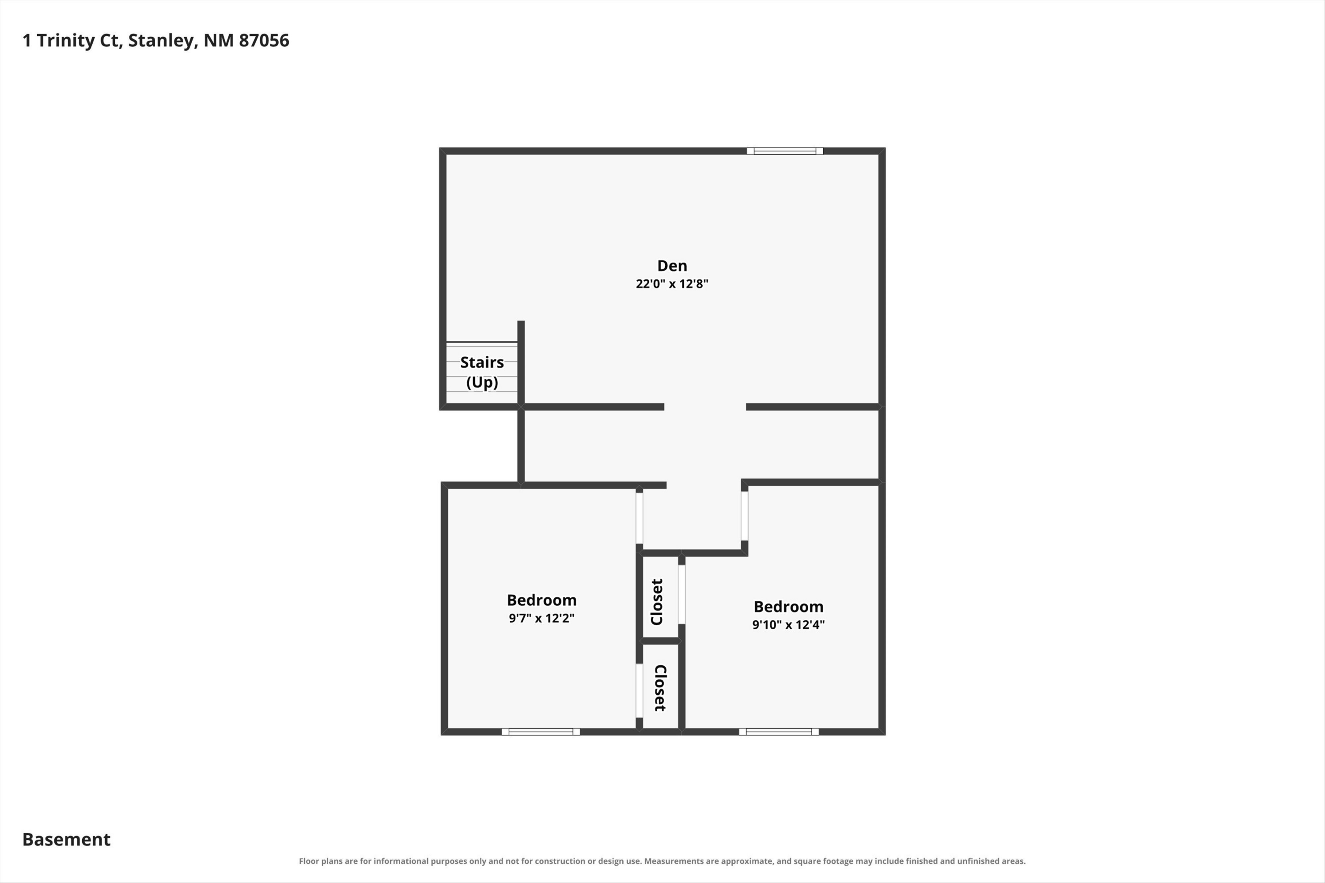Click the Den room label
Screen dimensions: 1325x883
pyautogui.click(x=672, y=266)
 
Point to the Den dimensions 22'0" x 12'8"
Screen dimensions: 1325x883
pyautogui.click(x=672, y=284)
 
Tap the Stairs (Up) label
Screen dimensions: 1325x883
pyautogui.click(x=482, y=372)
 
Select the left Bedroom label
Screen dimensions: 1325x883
pyautogui.click(x=541, y=600)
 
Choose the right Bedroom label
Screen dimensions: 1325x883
pyautogui.click(x=789, y=607)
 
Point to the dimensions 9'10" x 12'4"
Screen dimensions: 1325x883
pyautogui.click(x=789, y=625)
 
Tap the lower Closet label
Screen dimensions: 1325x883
pyautogui.click(x=660, y=688)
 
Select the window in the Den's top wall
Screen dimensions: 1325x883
pyautogui.click(x=785, y=151)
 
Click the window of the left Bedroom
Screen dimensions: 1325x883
pyautogui.click(x=541, y=732)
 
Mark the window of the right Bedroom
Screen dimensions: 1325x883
pyautogui.click(x=779, y=732)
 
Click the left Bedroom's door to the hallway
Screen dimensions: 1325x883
pyautogui.click(x=640, y=518)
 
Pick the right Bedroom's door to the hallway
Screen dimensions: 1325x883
pyautogui.click(x=745, y=516)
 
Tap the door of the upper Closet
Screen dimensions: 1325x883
pyautogui.click(x=681, y=595)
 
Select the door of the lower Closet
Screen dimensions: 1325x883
pyautogui.click(x=640, y=691)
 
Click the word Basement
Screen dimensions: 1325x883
pyautogui.click(x=67, y=840)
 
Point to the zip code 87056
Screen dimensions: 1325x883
pyautogui.click(x=264, y=41)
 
